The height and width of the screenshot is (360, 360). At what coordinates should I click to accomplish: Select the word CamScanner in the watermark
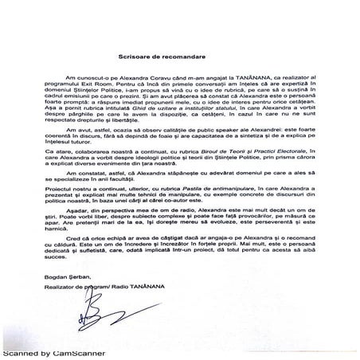76,351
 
